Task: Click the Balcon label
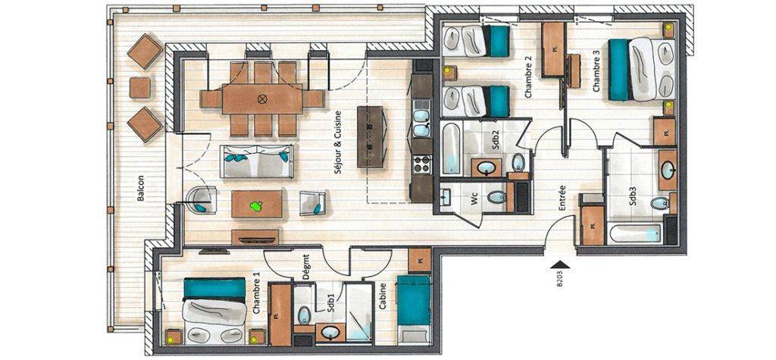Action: [140, 188]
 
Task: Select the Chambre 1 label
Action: [256, 296]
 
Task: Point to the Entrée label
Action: [562, 198]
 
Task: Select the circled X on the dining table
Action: [262, 98]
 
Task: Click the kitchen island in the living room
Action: [371, 137]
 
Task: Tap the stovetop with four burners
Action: [422, 164]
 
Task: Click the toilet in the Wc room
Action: [496, 197]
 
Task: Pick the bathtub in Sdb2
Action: [451, 149]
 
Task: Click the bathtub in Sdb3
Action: [636, 233]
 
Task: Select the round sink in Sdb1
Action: [330, 332]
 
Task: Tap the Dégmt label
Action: [306, 268]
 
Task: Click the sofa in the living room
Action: [257, 161]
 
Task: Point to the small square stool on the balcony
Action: [140, 88]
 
